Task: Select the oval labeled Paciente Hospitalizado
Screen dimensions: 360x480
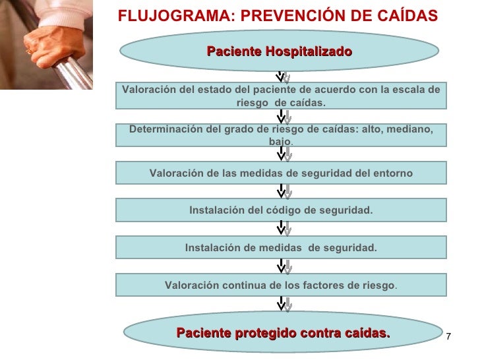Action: click(280, 51)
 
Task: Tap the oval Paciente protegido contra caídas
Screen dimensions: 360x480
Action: click(283, 334)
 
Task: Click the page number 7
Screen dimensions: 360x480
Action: click(449, 338)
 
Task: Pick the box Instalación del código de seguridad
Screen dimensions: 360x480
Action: click(281, 210)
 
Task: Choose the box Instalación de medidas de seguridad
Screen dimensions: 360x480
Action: click(281, 248)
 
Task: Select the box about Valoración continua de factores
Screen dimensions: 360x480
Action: click(281, 285)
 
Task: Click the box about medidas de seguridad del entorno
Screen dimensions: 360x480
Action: click(281, 173)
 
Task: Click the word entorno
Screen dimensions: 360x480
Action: click(393, 173)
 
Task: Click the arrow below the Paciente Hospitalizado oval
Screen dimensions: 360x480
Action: click(282, 77)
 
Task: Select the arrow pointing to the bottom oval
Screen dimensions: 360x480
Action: click(282, 304)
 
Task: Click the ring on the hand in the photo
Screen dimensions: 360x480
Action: click(28, 51)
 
